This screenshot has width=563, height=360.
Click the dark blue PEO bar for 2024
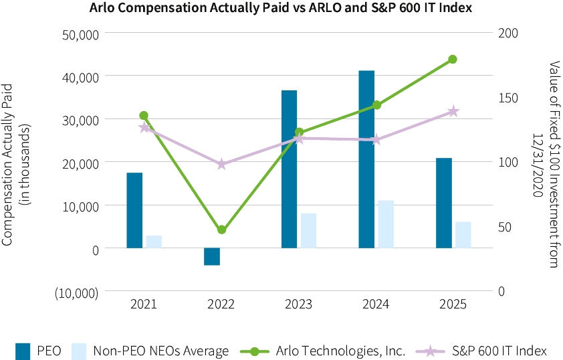tap(366, 159)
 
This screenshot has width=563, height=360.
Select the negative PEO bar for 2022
tap(212, 256)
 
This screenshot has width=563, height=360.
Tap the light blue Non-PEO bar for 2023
tap(308, 231)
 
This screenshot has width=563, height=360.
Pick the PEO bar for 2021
tap(134, 210)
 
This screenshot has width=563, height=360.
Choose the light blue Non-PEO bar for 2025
tap(463, 235)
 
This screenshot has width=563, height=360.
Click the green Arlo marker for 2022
tap(221, 230)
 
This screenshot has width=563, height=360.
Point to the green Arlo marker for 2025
tap(453, 59)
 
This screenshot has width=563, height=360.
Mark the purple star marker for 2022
tap(221, 164)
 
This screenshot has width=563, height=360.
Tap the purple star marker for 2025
tap(453, 111)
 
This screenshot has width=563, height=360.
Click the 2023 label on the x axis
tap(298, 304)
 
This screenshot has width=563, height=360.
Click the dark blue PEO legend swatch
tap(23, 351)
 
